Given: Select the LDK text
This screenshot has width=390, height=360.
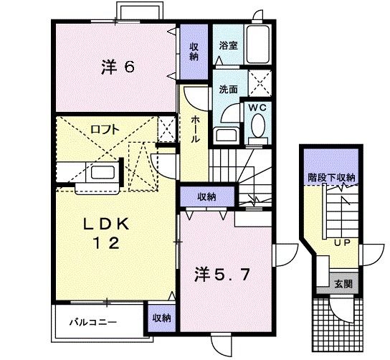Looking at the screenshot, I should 108,224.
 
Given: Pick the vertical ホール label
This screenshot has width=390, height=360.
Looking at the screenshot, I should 195,130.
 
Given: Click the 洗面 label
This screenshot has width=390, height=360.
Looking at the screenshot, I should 228,90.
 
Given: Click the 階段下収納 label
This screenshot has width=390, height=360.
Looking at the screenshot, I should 332,177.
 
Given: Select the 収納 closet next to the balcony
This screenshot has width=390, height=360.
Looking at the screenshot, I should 160,317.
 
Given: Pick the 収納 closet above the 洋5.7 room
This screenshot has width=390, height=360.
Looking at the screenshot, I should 206,195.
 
